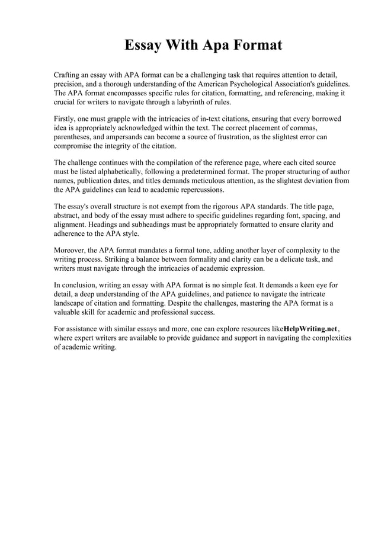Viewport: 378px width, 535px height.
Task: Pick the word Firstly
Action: tap(65, 119)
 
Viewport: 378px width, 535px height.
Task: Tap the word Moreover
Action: tap(71, 250)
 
